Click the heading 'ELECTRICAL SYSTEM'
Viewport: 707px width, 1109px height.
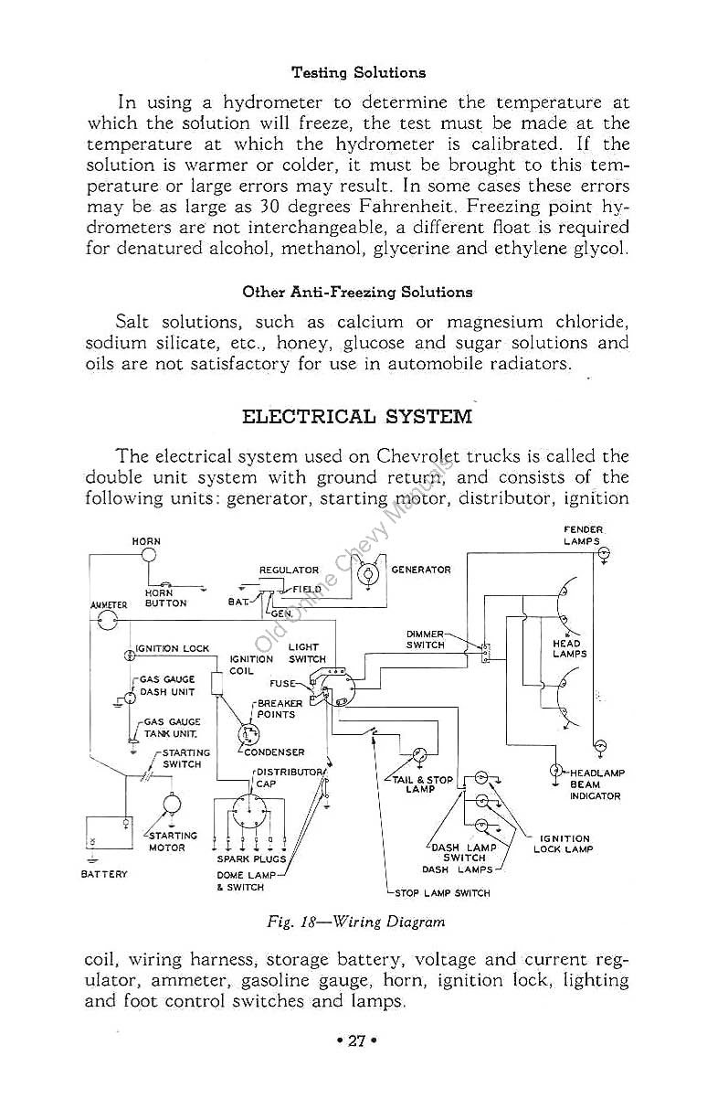(x=356, y=417)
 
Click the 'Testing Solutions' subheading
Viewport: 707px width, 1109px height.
(x=358, y=72)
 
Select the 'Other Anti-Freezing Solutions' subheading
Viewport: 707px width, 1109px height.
(x=357, y=293)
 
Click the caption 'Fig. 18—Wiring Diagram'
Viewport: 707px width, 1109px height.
(x=356, y=922)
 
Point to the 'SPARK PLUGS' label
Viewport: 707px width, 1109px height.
(x=251, y=858)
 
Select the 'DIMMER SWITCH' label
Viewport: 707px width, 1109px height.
(x=426, y=639)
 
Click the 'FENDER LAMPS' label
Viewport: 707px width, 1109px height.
(x=583, y=535)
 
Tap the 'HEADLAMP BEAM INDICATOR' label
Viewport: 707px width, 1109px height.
(x=597, y=784)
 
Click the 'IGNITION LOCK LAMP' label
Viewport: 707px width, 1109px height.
(x=564, y=843)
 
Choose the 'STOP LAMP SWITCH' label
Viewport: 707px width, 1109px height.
(x=442, y=892)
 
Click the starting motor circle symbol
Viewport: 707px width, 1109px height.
(x=171, y=805)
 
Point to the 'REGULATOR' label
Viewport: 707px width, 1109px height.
(x=289, y=570)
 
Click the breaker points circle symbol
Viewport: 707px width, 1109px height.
(x=247, y=734)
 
